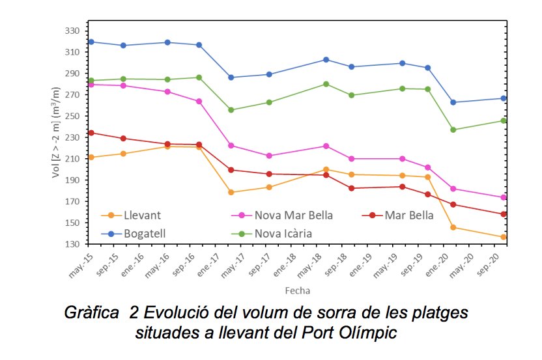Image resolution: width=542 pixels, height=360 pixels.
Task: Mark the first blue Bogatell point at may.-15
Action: coord(91,42)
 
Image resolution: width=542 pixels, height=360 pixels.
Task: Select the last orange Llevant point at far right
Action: coord(503,237)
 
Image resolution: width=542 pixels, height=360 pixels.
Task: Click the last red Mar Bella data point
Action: coord(503,214)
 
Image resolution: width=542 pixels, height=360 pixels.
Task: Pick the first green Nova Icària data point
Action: coord(91,80)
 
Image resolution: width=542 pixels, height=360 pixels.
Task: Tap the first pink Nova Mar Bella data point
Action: coord(91,85)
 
